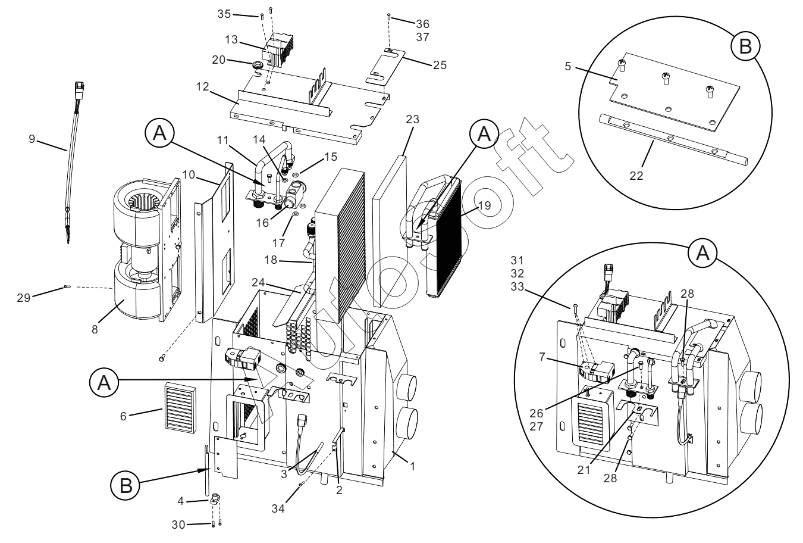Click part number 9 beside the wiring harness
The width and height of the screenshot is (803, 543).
point(33,139)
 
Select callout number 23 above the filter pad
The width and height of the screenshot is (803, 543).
point(413,120)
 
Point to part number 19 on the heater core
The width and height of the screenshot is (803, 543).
point(484,205)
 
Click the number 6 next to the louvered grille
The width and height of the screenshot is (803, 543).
point(123,416)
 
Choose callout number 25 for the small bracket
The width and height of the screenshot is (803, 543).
point(440,64)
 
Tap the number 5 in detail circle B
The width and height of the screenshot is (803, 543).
point(568,67)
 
